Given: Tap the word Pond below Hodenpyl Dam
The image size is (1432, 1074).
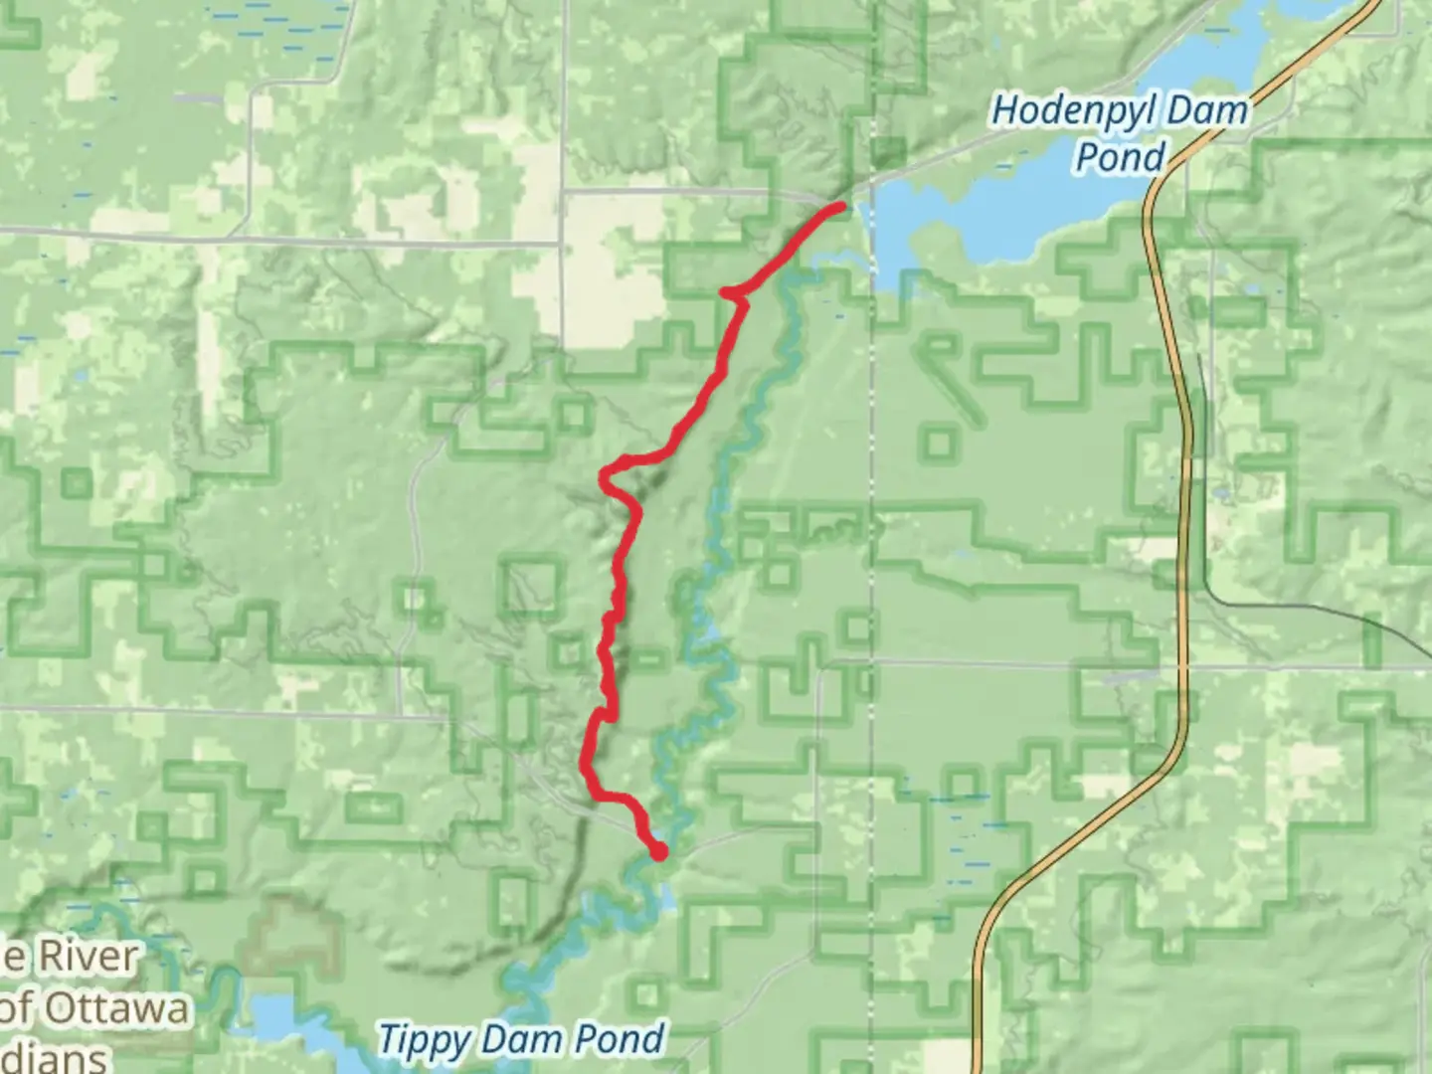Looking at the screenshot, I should [x=1121, y=156].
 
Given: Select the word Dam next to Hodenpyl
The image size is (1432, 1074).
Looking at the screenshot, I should [x=1207, y=109].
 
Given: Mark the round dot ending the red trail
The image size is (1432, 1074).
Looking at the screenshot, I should [x=657, y=851].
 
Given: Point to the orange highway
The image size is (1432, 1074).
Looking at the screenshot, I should [x=1182, y=497].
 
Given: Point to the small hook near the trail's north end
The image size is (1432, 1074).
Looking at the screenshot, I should [x=729, y=292].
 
